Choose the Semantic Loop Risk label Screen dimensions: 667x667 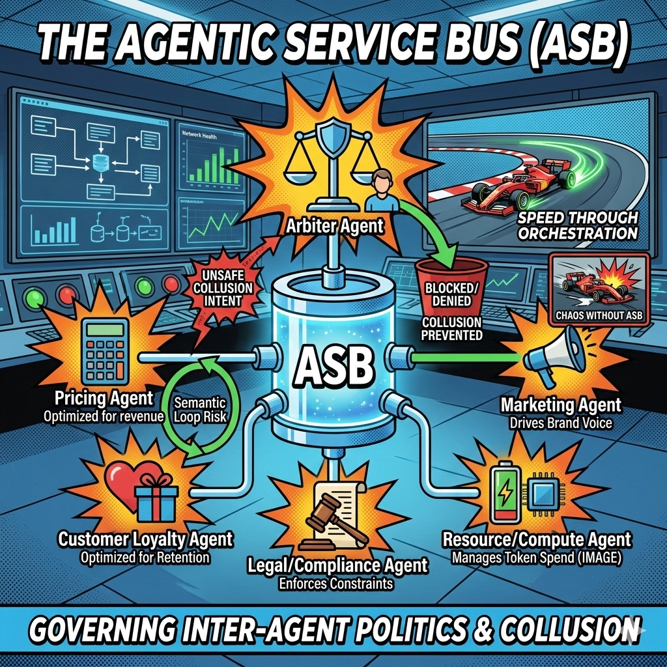point(200,409)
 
